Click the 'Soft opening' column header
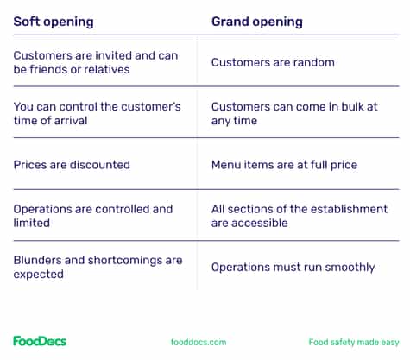pos(54,21)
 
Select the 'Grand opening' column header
pos(257,21)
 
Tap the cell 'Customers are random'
pos(273,62)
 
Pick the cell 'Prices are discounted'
pos(72,164)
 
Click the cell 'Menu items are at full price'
pos(284,164)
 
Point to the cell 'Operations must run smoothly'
pos(293,267)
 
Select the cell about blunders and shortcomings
pos(98,267)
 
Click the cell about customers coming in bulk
pos(293,113)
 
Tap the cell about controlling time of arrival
pos(97,113)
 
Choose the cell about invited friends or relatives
pos(95,62)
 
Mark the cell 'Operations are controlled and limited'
pos(92,216)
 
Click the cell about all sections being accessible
pos(300,216)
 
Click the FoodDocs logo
pos(40,341)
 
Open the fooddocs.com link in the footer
pos(199,342)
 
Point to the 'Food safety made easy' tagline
pos(352,342)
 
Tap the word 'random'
pos(314,62)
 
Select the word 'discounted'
pos(100,164)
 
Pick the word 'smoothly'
pos(348,267)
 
